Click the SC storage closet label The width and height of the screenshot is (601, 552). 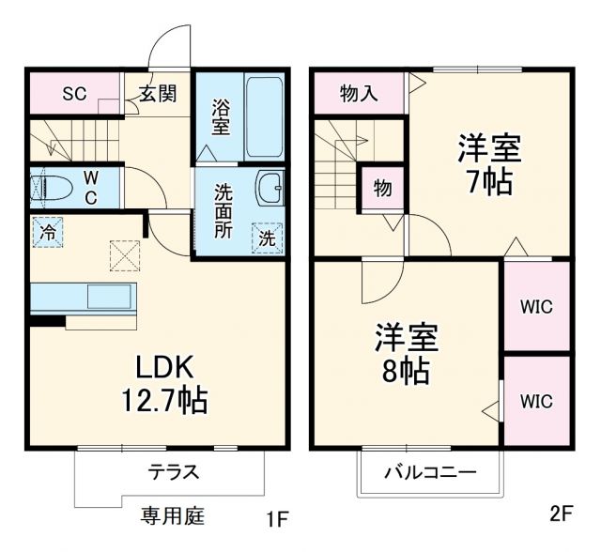tap(74, 93)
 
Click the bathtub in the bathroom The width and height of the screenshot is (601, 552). tap(266, 115)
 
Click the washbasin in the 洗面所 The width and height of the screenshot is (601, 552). tap(270, 188)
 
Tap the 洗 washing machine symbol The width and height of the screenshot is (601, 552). tap(268, 238)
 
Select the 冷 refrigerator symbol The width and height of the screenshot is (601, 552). tap(46, 230)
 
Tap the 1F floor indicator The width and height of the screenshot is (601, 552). tap(274, 518)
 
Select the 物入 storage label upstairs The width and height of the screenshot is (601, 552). tap(358, 93)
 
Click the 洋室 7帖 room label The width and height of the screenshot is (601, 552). tap(489, 164)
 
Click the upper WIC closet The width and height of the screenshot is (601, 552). tap(536, 306)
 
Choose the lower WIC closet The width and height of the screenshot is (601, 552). tap(536, 401)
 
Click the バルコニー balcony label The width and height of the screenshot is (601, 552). tap(429, 472)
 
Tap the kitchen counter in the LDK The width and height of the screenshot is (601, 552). tap(85, 299)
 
